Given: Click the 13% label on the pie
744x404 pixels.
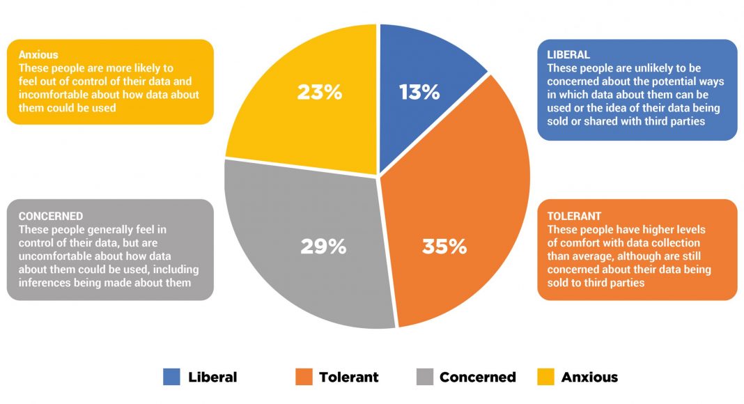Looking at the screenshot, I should point(419,92).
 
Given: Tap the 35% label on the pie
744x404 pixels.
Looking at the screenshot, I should point(444,247).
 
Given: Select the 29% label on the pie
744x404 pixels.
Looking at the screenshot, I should point(323,247).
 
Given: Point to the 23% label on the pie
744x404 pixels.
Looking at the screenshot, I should point(320,92).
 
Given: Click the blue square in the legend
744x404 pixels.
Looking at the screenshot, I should point(171,377).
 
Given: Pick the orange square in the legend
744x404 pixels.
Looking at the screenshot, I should point(303,377).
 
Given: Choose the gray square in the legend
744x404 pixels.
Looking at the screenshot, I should point(424,377).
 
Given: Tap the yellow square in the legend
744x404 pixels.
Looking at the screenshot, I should point(545,377).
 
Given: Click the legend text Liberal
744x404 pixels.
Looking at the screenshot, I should point(212,377).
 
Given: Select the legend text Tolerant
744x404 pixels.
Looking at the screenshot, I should point(349,377).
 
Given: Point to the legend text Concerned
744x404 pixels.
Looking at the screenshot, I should point(478,377).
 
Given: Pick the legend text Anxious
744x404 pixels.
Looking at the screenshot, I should point(589,377).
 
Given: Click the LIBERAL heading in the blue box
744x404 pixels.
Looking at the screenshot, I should point(568,54).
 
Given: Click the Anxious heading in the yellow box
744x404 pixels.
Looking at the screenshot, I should point(38,55).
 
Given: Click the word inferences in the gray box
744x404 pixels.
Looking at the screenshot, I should point(45,282).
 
